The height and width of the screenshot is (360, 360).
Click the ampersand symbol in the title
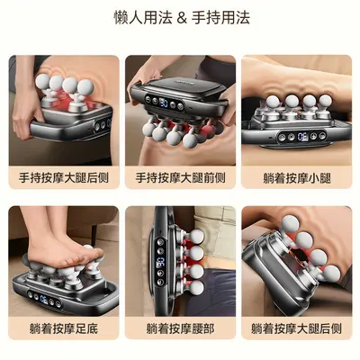pyautogui.click(x=182, y=18)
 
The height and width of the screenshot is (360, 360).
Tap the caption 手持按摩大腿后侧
pyautogui.click(x=64, y=178)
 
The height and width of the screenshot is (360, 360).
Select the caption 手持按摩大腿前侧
pyautogui.click(x=180, y=178)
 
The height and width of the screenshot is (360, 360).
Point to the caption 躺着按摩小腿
pyautogui.click(x=297, y=178)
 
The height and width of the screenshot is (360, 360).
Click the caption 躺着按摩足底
pyautogui.click(x=64, y=328)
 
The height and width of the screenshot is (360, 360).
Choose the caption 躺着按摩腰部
pyautogui.click(x=180, y=328)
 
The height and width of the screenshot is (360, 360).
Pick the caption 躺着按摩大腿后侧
pyautogui.click(x=296, y=328)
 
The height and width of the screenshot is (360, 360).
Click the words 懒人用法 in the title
pyautogui.click(x=143, y=18)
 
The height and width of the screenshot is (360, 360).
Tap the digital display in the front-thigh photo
pyautogui.click(x=164, y=103)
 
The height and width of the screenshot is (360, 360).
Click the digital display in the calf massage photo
pyautogui.click(x=302, y=137)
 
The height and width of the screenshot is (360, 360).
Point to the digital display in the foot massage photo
pyautogui.click(x=44, y=300)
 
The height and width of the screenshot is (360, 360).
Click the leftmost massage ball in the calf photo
pyautogui.click(x=273, y=102)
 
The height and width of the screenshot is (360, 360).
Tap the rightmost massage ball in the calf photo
pyautogui.click(x=325, y=101)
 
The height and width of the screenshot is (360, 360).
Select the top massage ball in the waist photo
pyautogui.click(x=196, y=237)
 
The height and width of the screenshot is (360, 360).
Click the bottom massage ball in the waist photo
pyautogui.click(x=196, y=287)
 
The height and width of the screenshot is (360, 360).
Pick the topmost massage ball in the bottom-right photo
pyautogui.click(x=291, y=223)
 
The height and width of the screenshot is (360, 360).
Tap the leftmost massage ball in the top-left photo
pyautogui.click(x=42, y=81)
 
